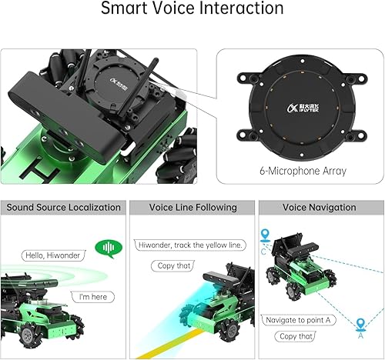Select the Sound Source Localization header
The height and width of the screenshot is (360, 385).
click(64, 208)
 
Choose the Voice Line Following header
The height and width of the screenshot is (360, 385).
click(192, 208)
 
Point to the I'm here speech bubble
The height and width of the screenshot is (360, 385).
click(93, 296)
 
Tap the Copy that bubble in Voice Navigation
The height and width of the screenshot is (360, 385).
click(296, 336)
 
